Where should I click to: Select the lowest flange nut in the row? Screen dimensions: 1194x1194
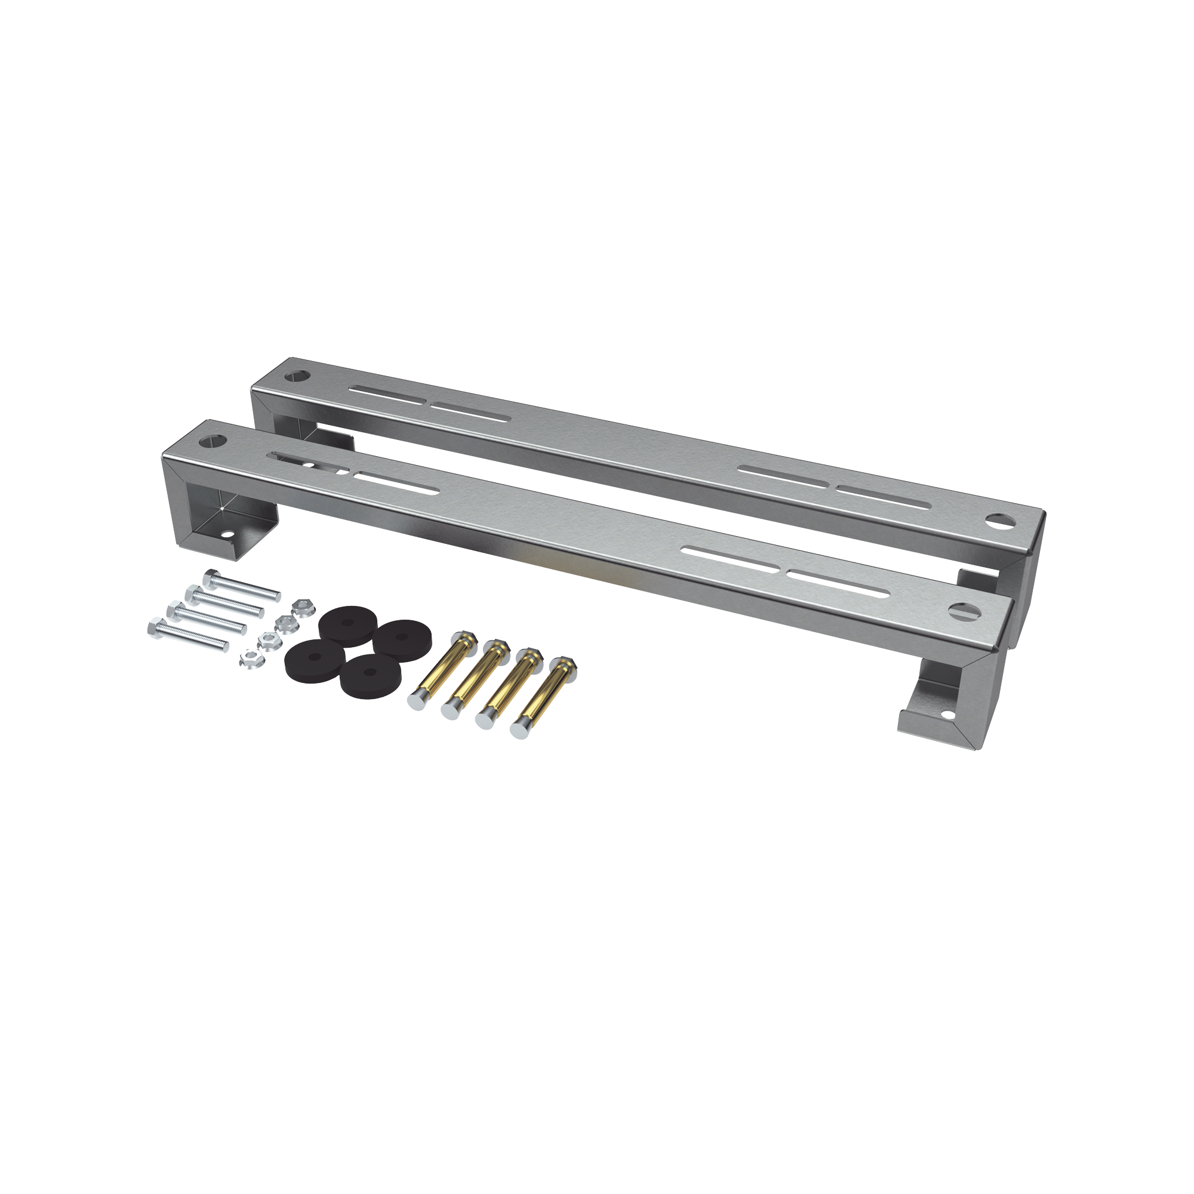coord(250,660)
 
